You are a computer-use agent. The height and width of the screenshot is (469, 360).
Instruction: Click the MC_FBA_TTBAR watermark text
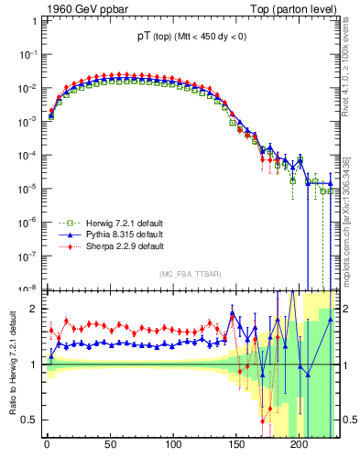pyautogui.click(x=189, y=274)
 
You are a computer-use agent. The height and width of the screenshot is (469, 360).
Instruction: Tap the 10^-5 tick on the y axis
pyautogui.click(x=27, y=188)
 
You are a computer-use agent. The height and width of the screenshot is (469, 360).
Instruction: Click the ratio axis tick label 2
pyautogui.click(x=32, y=309)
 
